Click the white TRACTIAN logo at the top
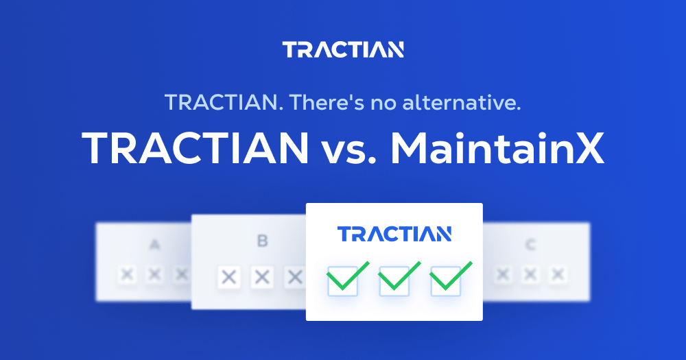pos(343,50)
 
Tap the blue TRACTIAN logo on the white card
pos(394,234)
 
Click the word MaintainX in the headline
pos(498,147)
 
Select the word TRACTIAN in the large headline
pos(196,147)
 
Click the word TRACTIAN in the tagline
pos(224,104)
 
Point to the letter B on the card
pos(263,241)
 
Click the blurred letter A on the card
pos(155,244)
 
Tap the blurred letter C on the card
pos(530,244)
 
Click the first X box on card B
pos(229,277)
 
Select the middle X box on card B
pos(261,277)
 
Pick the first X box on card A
pos(127,274)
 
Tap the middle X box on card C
pos(530,274)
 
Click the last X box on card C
pos(557,274)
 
